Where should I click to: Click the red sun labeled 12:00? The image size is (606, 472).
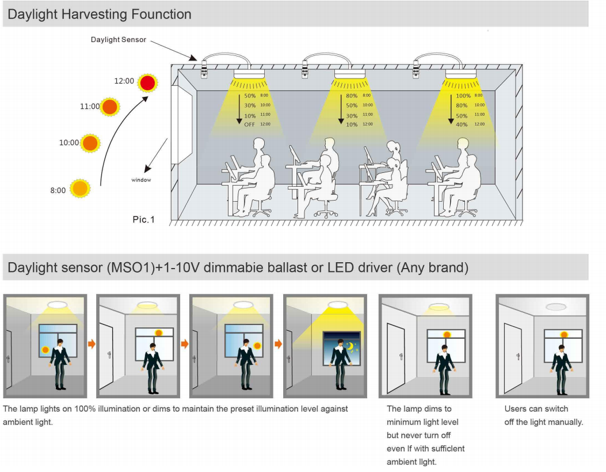[148, 83]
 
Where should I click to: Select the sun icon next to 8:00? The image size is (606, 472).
[80, 188]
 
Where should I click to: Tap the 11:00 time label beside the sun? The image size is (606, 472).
[89, 107]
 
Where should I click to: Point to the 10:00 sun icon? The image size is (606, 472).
[90, 142]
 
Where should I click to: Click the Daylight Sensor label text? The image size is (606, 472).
[119, 40]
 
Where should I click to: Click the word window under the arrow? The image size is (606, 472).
[141, 180]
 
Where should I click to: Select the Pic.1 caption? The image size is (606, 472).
[144, 220]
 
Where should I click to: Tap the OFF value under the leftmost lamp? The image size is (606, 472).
[249, 124]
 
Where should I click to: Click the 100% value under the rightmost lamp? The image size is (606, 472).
[463, 96]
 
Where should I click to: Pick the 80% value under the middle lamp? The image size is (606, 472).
[352, 96]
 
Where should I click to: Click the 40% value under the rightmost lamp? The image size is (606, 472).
[462, 124]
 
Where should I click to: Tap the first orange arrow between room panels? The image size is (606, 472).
[92, 344]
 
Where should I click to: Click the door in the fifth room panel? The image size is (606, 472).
[395, 357]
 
